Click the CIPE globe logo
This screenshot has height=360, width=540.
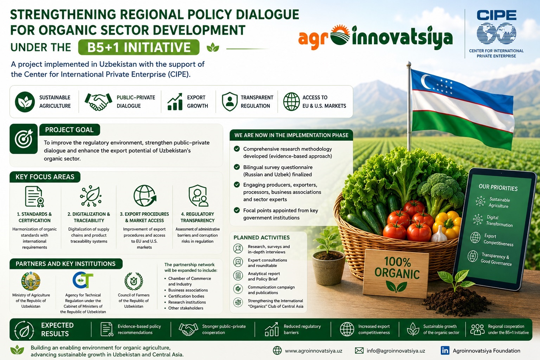point(496,33)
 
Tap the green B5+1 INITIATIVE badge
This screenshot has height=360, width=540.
point(139,47)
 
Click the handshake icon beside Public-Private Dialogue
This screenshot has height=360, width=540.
point(98,102)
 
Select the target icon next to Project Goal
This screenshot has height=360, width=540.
point(24,139)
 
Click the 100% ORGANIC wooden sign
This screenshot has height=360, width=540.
point(397,273)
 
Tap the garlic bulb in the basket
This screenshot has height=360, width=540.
point(439,234)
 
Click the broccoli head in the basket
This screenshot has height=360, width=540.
point(440,191)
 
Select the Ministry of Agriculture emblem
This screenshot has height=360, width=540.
point(31,281)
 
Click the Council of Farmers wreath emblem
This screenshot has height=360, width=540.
point(134,281)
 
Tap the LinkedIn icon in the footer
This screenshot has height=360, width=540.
point(445,351)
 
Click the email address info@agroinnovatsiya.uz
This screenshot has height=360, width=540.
point(396,351)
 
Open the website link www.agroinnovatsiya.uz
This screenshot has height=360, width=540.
point(313,351)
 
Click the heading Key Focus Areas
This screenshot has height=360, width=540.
point(45,177)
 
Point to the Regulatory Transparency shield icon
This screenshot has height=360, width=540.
point(198,196)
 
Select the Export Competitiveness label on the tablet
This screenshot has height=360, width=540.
point(498,239)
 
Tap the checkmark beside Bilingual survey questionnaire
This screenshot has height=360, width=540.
point(237,167)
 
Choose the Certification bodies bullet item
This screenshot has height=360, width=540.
point(186,296)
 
